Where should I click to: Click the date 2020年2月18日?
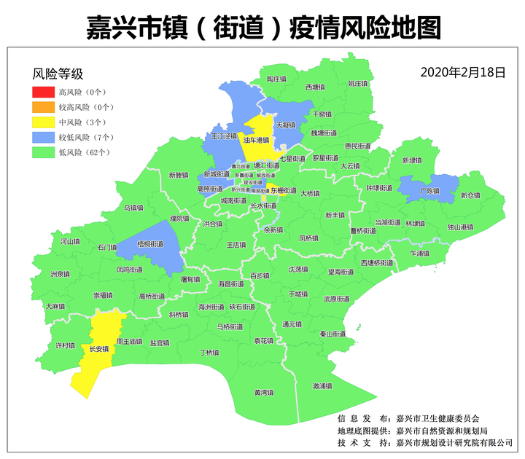(x=463, y=72)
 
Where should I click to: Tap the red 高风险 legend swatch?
(x=43, y=93)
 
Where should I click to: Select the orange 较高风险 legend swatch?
(x=43, y=107)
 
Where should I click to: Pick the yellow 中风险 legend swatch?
(x=43, y=122)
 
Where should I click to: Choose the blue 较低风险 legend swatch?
(x=43, y=137)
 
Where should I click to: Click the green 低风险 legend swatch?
(x=43, y=152)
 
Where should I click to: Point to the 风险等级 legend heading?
(x=58, y=74)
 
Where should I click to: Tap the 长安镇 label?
(x=98, y=349)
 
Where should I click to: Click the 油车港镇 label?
(x=256, y=140)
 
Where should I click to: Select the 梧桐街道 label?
(x=150, y=244)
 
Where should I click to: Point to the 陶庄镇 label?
(x=276, y=78)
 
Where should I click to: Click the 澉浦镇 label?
(x=322, y=385)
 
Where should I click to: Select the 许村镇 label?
(x=65, y=345)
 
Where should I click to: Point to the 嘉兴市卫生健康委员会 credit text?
(x=437, y=418)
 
